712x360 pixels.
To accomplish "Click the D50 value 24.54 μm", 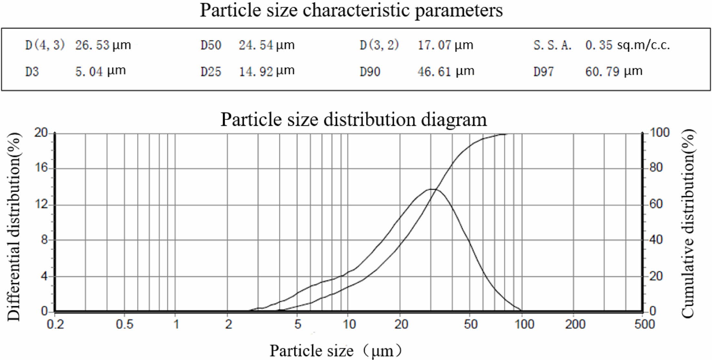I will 266,45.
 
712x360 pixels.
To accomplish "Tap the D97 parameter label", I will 543,71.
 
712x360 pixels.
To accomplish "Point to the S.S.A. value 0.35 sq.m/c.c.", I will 627,45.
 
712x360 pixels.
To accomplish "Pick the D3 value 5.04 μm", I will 100,71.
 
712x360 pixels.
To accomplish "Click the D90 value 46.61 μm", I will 446,71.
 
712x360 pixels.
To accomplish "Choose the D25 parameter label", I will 211,71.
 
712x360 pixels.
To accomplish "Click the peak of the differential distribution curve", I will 432,189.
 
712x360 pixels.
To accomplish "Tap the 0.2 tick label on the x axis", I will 56,324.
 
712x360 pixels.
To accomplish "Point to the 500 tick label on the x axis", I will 644,324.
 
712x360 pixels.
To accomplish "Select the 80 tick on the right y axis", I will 656,168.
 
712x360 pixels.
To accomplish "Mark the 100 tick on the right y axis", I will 659,132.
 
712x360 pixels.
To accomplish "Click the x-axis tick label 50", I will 470,324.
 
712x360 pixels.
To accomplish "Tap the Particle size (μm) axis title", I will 336,351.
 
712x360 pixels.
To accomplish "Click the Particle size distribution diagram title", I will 354,119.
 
